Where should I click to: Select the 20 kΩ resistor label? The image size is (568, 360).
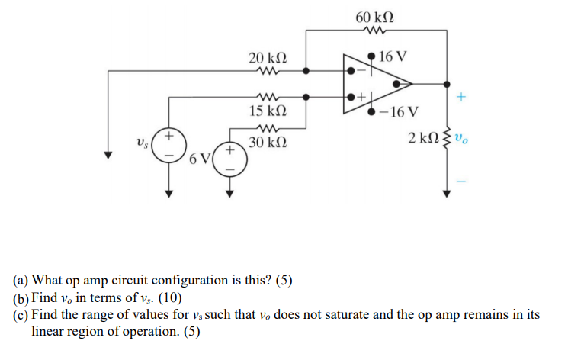(x=268, y=59)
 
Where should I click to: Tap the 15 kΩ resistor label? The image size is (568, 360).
(x=268, y=112)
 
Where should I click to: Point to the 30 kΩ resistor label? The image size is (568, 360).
(x=268, y=143)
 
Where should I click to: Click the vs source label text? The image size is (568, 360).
(x=140, y=143)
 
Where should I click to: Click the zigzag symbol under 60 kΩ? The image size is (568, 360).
(x=374, y=31)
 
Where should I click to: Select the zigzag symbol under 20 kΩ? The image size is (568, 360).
(x=268, y=72)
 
